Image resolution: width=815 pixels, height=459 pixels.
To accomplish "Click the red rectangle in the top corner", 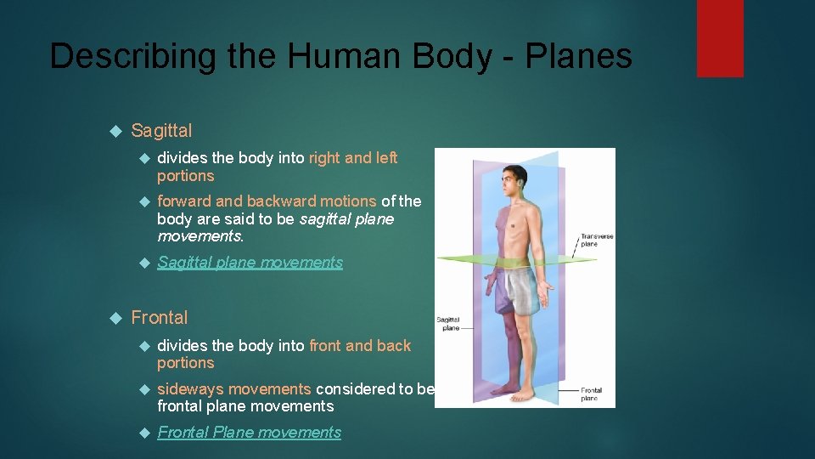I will coord(720,38).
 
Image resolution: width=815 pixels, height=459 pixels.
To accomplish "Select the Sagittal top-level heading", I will coord(161,131).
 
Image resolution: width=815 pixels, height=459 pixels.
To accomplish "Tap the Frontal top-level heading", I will coord(160,318).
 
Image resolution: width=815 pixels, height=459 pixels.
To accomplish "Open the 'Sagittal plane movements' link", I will coord(250,263).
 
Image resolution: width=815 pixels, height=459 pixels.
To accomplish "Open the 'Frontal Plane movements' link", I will coord(250,433).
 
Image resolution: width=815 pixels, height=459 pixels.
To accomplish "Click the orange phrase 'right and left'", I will coord(353,158).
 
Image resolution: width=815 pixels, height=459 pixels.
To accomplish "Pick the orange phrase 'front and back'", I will coord(360,346).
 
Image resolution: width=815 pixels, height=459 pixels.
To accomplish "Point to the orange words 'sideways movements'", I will coord(234,389).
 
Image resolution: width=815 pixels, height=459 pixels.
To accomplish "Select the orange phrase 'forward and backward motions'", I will coord(267,201).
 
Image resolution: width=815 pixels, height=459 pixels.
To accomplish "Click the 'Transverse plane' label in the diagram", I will coord(596,240).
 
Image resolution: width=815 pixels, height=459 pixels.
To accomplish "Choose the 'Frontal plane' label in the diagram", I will coord(591,394).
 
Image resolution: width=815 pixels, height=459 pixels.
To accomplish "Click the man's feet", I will coord(519,393).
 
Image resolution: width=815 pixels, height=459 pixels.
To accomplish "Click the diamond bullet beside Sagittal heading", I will coord(117,132).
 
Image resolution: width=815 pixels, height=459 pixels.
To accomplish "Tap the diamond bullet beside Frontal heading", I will coord(117,319).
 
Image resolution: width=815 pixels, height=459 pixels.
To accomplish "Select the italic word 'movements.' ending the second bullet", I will coord(194,235).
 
